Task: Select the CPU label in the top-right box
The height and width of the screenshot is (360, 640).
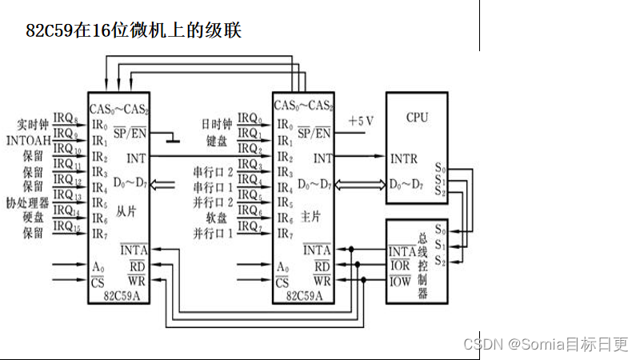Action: [x=417, y=118]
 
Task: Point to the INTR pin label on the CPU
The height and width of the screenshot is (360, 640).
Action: [x=404, y=158]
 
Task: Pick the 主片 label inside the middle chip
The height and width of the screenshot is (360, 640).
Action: [x=310, y=217]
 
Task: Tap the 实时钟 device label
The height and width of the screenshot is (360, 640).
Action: [x=34, y=126]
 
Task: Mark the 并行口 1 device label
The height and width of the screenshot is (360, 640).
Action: [x=213, y=233]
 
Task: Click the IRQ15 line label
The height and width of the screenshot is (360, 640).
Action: [x=66, y=229]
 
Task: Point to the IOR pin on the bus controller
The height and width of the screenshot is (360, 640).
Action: [x=400, y=266]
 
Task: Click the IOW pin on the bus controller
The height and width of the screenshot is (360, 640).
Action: [x=400, y=281]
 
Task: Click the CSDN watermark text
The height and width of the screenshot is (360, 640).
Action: [x=546, y=344]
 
